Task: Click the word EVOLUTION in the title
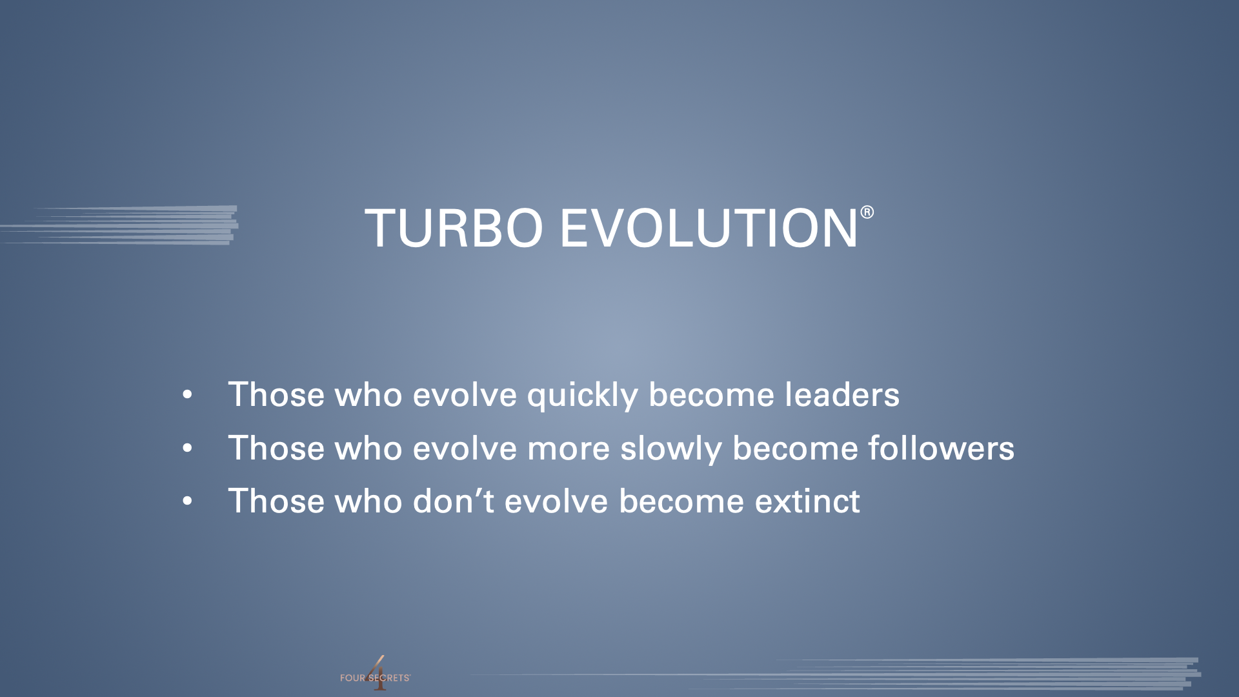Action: pyautogui.click(x=709, y=228)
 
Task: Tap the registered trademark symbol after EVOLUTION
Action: pyautogui.click(x=867, y=212)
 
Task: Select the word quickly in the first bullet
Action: pyautogui.click(x=582, y=396)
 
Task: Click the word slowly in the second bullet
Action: pyautogui.click(x=670, y=449)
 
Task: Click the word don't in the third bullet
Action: pyautogui.click(x=453, y=501)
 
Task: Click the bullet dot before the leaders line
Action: pyautogui.click(x=187, y=395)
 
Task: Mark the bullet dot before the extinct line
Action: pyautogui.click(x=187, y=501)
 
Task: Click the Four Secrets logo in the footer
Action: pyautogui.click(x=375, y=675)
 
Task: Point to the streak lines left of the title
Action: pyautogui.click(x=119, y=225)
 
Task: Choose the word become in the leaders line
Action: pyautogui.click(x=710, y=394)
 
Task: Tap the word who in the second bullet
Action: pyautogui.click(x=368, y=448)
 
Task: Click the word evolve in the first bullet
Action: pyautogui.click(x=465, y=394)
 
